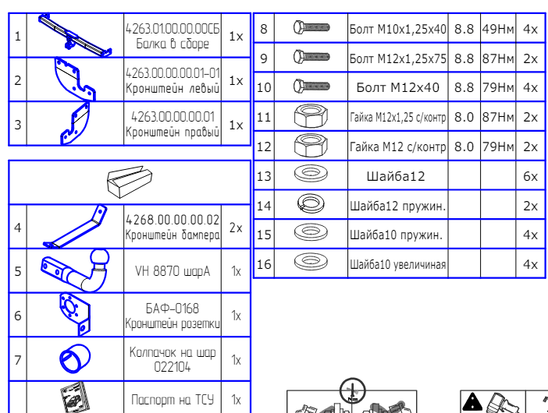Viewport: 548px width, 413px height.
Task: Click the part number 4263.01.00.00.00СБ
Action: [x=173, y=29]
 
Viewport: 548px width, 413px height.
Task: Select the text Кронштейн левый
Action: [x=173, y=87]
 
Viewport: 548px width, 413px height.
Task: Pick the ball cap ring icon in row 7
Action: [x=76, y=359]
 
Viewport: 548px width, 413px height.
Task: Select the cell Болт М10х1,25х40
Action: [x=397, y=29]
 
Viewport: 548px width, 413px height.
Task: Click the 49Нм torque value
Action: [x=497, y=29]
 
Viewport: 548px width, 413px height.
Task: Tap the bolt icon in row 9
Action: [x=311, y=58]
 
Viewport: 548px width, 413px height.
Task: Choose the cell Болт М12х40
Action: [x=397, y=87]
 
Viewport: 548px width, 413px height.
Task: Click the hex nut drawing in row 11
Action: [x=311, y=117]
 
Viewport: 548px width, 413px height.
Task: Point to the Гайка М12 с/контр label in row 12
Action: [x=397, y=146]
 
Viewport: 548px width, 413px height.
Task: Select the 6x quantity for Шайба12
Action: [x=530, y=176]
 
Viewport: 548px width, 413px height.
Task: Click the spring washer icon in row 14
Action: [x=311, y=206]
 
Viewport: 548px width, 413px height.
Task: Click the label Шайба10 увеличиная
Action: [x=397, y=265]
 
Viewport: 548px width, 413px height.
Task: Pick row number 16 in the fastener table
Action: [x=264, y=265]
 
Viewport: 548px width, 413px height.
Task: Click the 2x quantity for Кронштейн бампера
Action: [x=236, y=228]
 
